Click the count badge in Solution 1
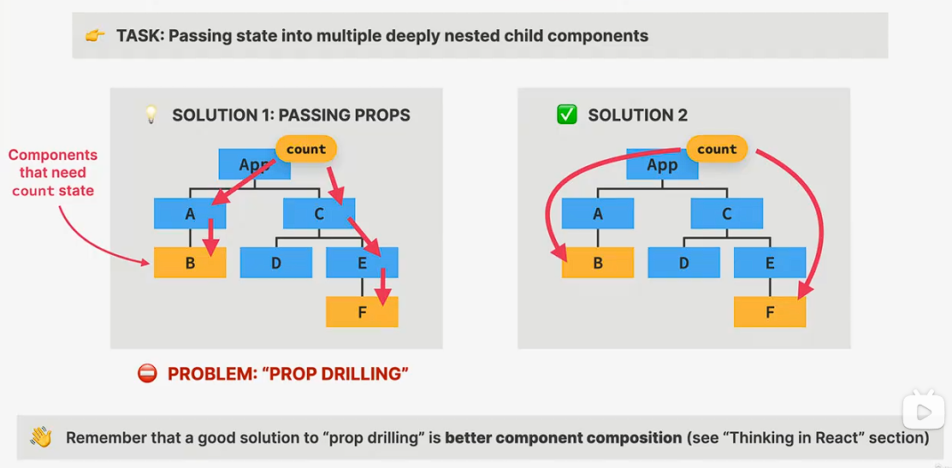[x=306, y=150]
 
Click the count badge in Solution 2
[x=717, y=150]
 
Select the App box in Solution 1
[x=254, y=164]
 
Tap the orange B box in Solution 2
[x=597, y=263]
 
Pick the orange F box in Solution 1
[x=362, y=312]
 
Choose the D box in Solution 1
[x=276, y=263]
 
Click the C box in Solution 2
[x=727, y=214]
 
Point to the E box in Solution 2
[x=770, y=263]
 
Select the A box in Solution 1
[x=190, y=214]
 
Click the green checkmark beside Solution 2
[x=566, y=115]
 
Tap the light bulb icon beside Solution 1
[x=151, y=115]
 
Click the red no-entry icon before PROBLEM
[x=147, y=373]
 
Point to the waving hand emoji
[x=41, y=436]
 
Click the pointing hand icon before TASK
[x=95, y=37]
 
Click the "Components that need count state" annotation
[x=52, y=172]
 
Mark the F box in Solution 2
[x=770, y=312]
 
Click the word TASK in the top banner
[x=139, y=37]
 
